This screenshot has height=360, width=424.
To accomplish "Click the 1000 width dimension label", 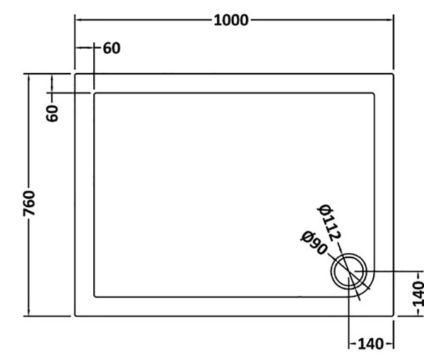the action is [231, 21].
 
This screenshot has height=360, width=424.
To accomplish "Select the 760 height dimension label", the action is [29, 203].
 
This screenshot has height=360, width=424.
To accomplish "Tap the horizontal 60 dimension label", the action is [112, 49].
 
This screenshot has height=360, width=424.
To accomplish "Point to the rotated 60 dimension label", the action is [52, 113].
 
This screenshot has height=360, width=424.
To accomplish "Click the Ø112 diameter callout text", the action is [329, 223].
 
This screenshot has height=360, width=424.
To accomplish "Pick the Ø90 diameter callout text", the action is [314, 243].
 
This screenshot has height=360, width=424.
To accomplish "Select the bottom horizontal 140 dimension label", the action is [371, 344].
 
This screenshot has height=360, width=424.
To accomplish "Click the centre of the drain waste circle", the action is [349, 272].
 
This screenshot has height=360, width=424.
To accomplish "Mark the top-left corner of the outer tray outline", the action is [75, 74].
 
